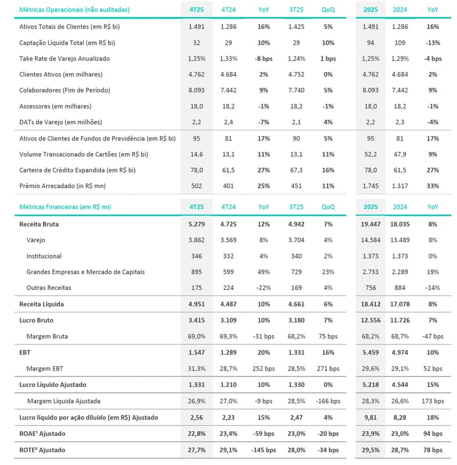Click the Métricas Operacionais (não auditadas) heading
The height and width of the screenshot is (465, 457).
[74, 10]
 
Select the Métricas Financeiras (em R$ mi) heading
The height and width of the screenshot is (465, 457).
[65, 206]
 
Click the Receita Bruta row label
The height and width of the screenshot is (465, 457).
[39, 224]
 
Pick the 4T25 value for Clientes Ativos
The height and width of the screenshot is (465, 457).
[196, 74]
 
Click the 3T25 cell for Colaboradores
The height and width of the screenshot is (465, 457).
[296, 90]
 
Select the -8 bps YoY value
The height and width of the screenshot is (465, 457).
[264, 59]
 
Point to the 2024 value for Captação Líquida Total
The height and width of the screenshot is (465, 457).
[400, 43]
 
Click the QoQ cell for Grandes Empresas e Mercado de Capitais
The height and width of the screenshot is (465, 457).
[328, 272]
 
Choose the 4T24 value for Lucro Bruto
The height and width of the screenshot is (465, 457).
[228, 320]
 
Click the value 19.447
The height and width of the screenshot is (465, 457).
[371, 224]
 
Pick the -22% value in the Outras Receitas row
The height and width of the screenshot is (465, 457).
[264, 288]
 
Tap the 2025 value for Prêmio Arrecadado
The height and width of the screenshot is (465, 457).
[371, 185]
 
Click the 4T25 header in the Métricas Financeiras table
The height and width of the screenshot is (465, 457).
[196, 206]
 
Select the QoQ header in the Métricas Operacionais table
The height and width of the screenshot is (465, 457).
[328, 10]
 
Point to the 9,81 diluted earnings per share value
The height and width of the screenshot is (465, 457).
[371, 417]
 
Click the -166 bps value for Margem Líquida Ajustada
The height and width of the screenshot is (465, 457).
[328, 401]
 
